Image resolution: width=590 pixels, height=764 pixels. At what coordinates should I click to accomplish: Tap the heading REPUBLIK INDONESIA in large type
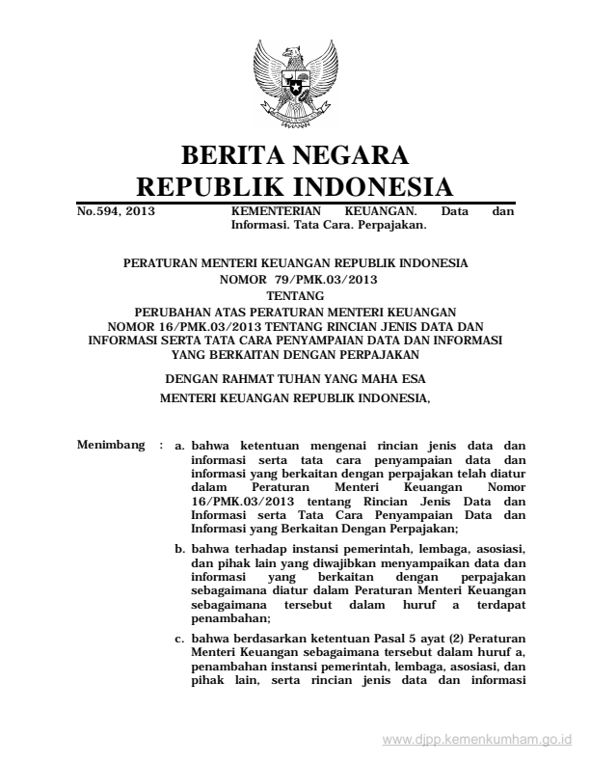295,186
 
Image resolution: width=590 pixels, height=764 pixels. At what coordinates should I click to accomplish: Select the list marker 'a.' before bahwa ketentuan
178,447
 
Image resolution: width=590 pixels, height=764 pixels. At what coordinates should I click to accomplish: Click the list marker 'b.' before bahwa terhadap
179,548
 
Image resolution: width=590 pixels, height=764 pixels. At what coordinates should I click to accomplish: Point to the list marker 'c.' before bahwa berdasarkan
179,638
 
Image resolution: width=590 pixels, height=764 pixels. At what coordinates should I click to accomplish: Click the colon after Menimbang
157,447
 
